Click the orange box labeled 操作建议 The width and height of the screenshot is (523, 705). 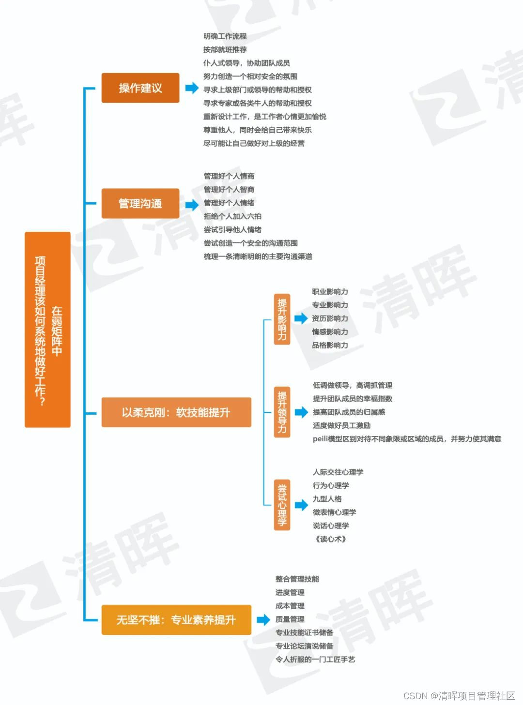click(140, 88)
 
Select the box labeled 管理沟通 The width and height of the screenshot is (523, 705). click(140, 204)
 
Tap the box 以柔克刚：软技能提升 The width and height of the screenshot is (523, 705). click(176, 412)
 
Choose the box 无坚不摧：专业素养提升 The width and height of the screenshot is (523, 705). click(176, 620)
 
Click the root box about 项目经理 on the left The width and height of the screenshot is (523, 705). click(47, 330)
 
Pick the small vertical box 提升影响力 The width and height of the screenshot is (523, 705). click(282, 319)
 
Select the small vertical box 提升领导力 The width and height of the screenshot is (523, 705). click(282, 412)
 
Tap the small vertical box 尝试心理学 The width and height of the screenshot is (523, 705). click(282, 505)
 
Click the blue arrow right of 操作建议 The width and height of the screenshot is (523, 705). click(192, 88)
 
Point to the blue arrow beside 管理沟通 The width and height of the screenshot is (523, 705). click(192, 205)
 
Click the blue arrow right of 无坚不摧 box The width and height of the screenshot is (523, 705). click(263, 620)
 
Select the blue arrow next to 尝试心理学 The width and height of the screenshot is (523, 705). click(301, 505)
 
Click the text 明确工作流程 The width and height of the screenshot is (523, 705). click(225, 36)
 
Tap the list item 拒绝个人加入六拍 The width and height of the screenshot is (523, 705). click(232, 216)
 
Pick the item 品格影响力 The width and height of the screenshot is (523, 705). click(330, 345)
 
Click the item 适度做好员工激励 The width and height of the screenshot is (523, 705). click(341, 426)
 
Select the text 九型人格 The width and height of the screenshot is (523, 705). click(327, 499)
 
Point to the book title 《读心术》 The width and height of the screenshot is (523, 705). click(331, 539)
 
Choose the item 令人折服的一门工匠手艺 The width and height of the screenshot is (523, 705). click(315, 660)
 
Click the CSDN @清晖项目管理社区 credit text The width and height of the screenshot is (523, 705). click(459, 696)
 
